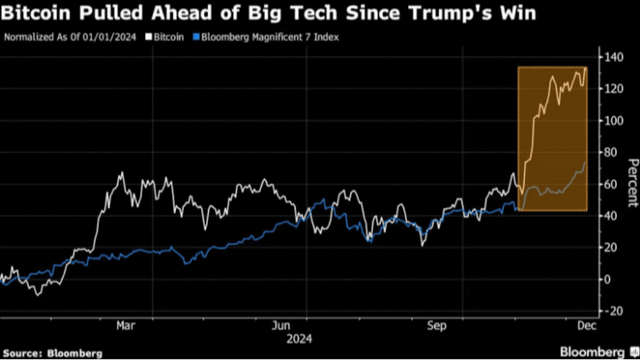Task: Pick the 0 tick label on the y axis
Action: point(607,279)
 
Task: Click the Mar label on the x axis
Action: point(125,326)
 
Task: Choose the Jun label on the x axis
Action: point(281,326)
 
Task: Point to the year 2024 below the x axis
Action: point(299,339)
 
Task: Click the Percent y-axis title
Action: point(633,182)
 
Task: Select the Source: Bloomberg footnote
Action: point(52,353)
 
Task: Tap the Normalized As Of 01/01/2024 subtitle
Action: point(70,37)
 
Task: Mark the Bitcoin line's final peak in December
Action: point(585,68)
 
